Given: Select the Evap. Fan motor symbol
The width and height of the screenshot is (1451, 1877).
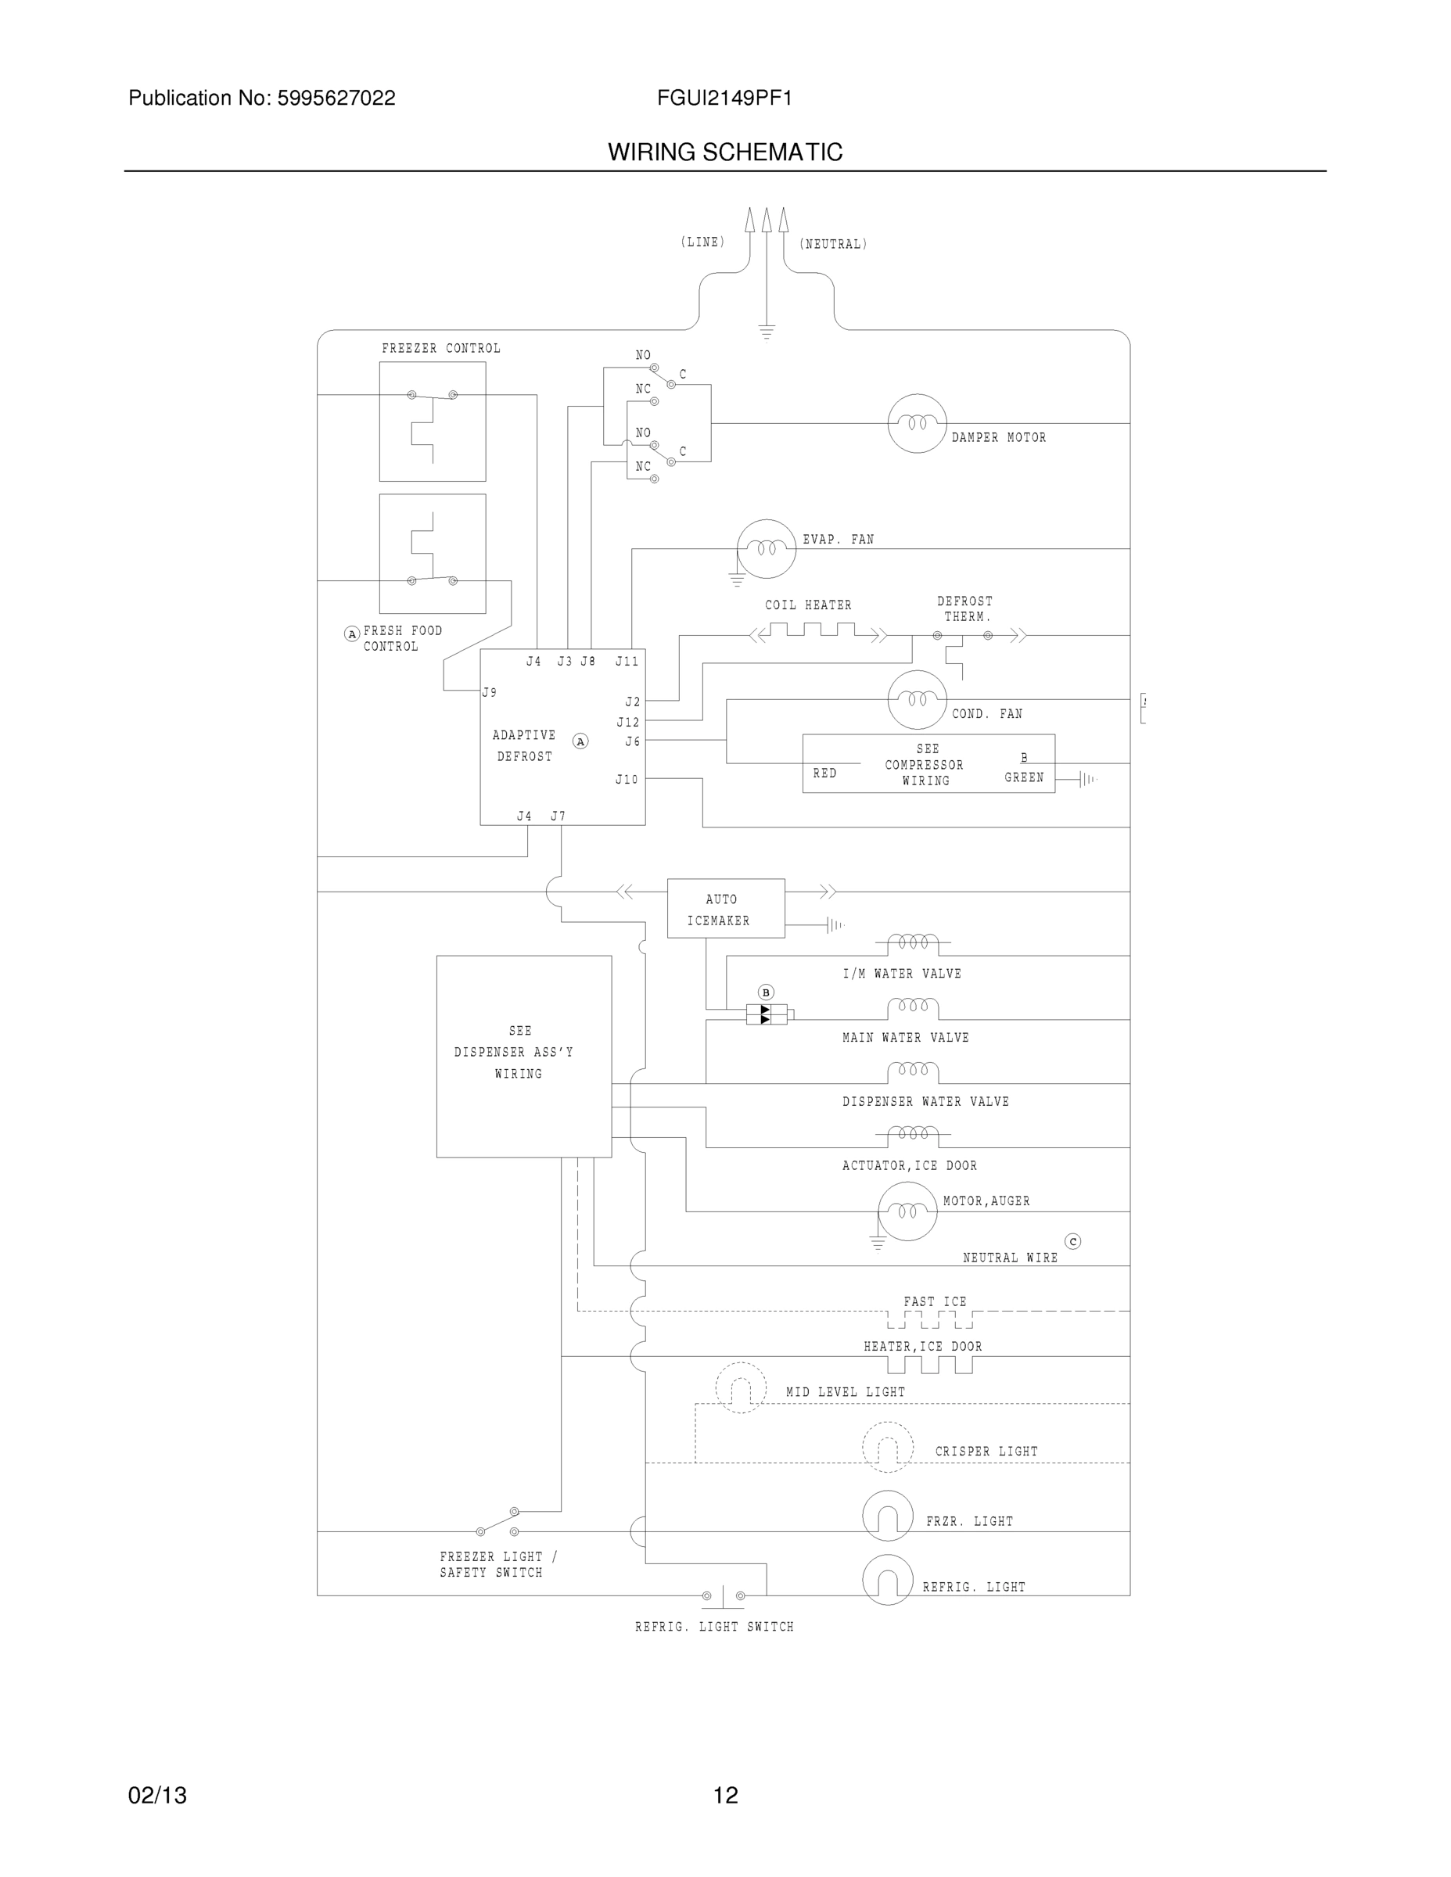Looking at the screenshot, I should pyautogui.click(x=766, y=548).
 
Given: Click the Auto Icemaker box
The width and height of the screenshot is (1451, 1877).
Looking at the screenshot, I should pyautogui.click(x=726, y=909).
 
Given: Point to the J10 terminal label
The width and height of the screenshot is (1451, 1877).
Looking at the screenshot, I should pyautogui.click(x=627, y=780).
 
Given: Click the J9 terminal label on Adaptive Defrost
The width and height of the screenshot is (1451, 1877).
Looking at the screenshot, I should pyautogui.click(x=489, y=692).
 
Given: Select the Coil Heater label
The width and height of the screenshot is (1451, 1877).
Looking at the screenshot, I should pyautogui.click(x=808, y=605).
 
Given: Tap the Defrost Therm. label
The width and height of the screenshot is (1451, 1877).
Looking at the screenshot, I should pyautogui.click(x=964, y=609).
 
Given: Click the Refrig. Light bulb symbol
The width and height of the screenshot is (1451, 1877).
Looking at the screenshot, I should pyautogui.click(x=887, y=1579).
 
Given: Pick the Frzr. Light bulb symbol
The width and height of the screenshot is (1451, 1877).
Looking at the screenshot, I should pyautogui.click(x=887, y=1515).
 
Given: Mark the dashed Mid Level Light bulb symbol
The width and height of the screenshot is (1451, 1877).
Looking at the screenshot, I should pyautogui.click(x=740, y=1387).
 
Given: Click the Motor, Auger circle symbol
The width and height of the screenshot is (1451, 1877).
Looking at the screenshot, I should pyautogui.click(x=907, y=1211).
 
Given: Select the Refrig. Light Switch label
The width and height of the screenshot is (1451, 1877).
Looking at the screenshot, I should pyautogui.click(x=713, y=1627).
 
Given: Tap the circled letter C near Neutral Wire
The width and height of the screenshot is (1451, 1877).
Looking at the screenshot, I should pyautogui.click(x=1072, y=1241).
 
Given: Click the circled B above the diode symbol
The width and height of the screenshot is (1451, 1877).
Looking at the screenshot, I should pyautogui.click(x=766, y=992).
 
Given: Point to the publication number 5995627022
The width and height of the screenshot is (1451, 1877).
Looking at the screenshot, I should pyautogui.click(x=336, y=98).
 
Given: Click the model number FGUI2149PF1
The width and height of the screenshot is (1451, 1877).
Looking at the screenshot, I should pyautogui.click(x=724, y=98).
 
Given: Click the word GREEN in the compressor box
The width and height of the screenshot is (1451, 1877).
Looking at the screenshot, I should pyautogui.click(x=1024, y=777).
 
